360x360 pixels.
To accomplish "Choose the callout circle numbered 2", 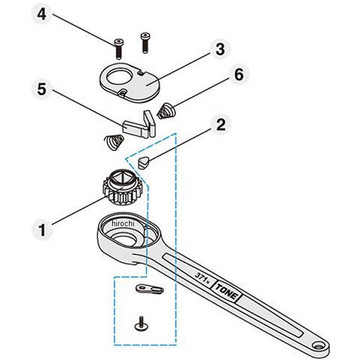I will pyautogui.click(x=221, y=124).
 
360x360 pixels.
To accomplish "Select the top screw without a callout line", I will pyautogui.click(x=144, y=43).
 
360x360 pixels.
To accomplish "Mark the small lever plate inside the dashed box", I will pyautogui.click(x=149, y=289).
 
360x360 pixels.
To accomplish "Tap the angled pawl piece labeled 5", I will pyautogui.click(x=140, y=125).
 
